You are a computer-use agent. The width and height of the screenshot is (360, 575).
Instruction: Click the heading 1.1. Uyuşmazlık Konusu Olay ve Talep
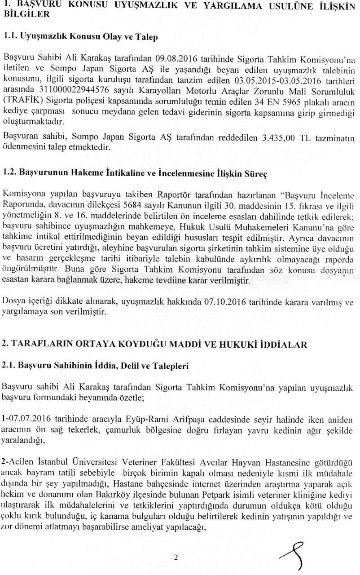click(x=80, y=37)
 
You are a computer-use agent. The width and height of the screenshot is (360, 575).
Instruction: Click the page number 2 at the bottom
click(x=176, y=558)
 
